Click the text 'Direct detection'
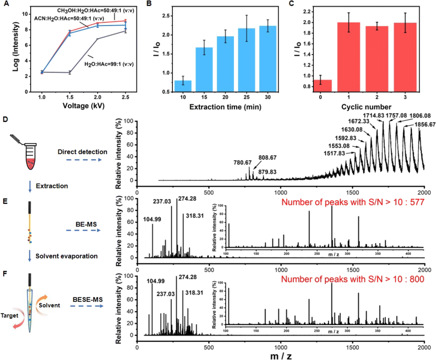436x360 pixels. pos(83,152)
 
